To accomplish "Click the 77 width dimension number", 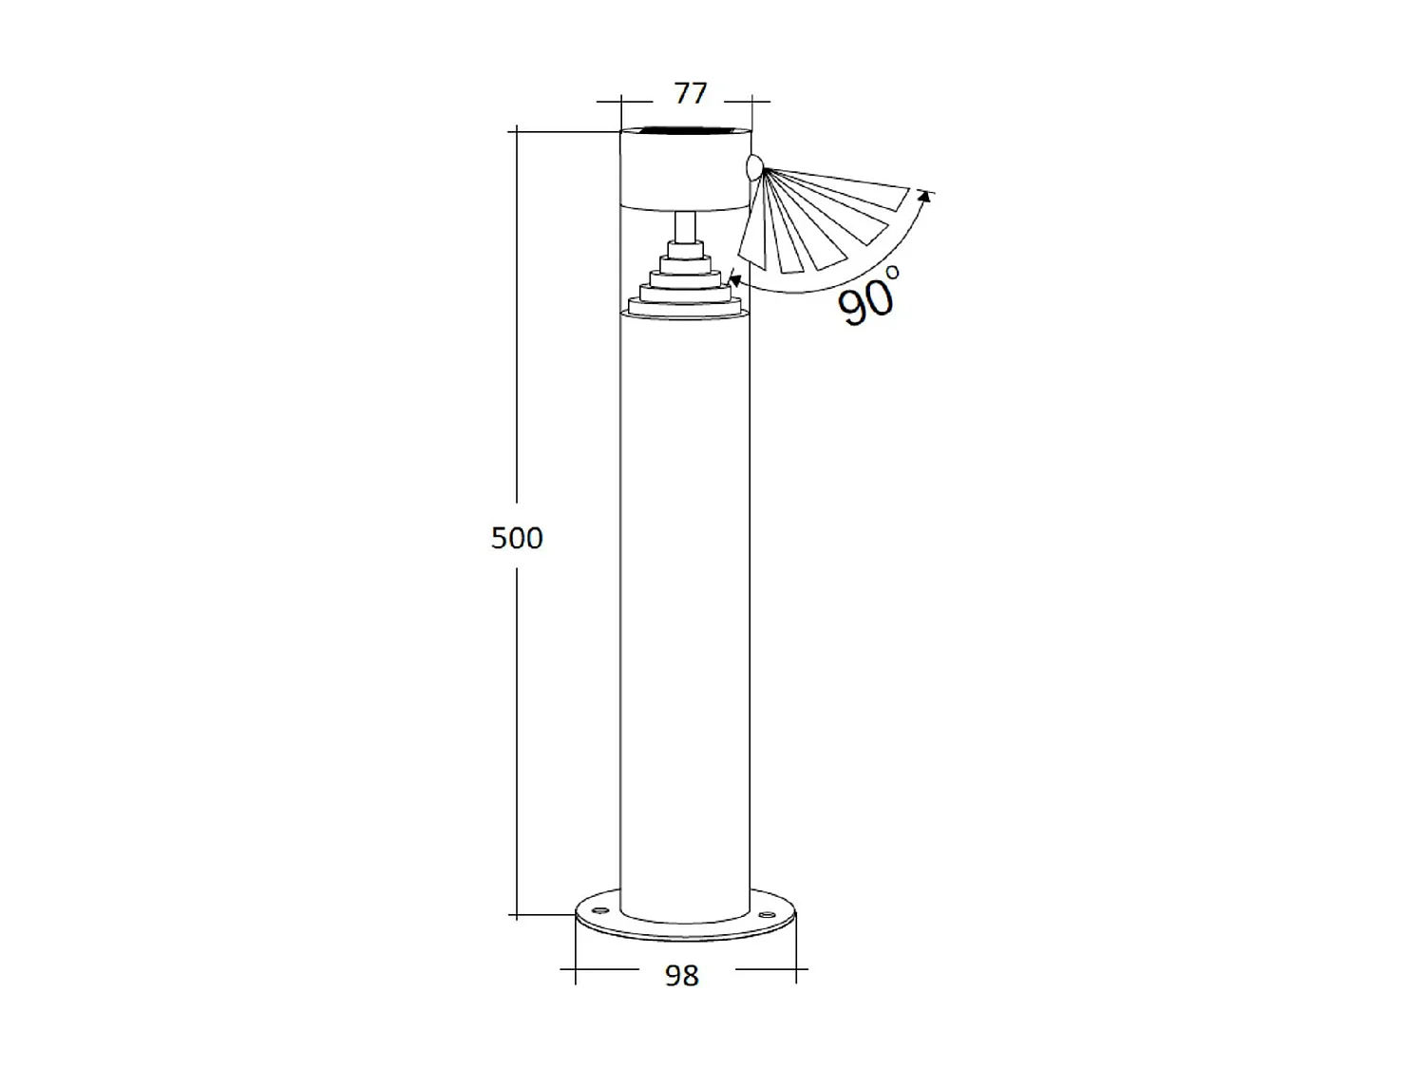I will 691,93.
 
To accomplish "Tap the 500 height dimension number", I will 517,538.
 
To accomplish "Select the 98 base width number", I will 682,975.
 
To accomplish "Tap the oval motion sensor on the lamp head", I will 754,169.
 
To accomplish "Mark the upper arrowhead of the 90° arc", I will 921,196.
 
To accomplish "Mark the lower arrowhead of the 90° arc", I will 734,279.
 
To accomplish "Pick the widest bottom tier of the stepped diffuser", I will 684,306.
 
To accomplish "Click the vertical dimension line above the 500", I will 517,314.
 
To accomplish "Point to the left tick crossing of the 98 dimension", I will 576,969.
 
